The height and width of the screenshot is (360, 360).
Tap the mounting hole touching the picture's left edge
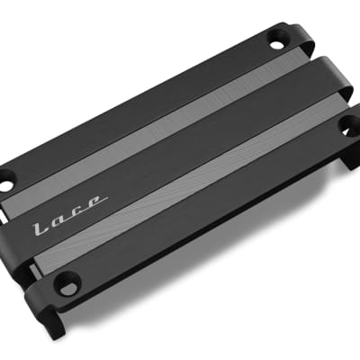(x=5, y=185)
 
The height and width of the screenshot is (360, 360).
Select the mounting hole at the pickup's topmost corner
(x=274, y=40)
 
